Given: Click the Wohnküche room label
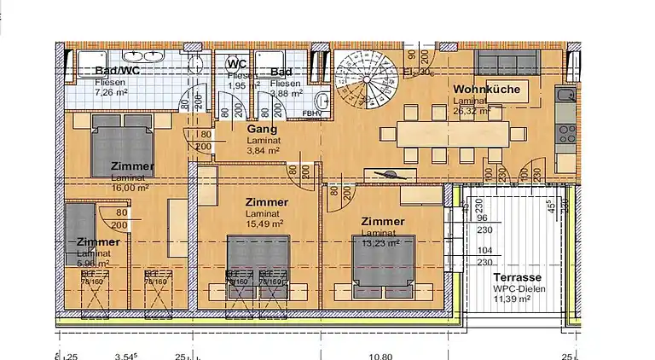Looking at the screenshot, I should click(x=486, y=89).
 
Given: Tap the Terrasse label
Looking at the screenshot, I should click(x=517, y=278).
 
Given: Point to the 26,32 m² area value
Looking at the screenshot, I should click(x=472, y=110).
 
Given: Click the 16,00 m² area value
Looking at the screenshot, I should click(x=130, y=188).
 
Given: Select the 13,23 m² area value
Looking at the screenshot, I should click(x=380, y=242).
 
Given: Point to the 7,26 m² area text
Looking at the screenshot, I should click(x=110, y=91).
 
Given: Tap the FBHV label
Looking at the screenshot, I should click(x=311, y=112).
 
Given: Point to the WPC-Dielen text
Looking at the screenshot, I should click(x=518, y=289).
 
